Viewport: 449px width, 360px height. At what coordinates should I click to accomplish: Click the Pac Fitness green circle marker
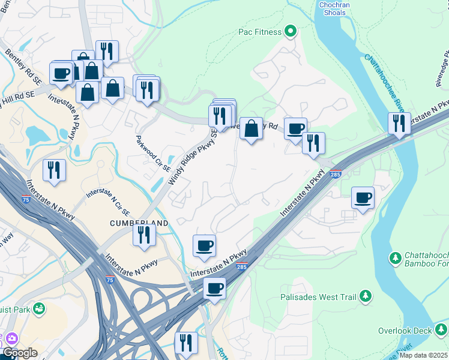pyautogui.click(x=291, y=31)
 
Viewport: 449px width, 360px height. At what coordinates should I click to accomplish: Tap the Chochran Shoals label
pyautogui.click(x=334, y=9)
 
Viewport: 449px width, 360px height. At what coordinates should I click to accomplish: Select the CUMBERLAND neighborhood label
pyautogui.click(x=139, y=223)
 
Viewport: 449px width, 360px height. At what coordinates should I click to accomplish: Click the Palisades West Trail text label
pyautogui.click(x=318, y=297)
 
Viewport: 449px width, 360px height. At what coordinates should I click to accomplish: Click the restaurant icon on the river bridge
pyautogui.click(x=399, y=122)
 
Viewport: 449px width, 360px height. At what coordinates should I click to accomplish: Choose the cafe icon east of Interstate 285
pyautogui.click(x=363, y=197)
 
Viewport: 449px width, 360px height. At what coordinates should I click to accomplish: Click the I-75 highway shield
pyautogui.click(x=109, y=279)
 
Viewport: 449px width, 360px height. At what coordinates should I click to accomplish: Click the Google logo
pyautogui.click(x=19, y=353)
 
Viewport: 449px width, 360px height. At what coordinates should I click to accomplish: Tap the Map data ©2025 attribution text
pyautogui.click(x=423, y=355)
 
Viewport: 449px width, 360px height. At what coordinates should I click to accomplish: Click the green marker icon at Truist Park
pyautogui.click(x=40, y=309)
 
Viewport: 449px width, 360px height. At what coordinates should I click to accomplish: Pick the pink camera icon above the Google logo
pyautogui.click(x=11, y=338)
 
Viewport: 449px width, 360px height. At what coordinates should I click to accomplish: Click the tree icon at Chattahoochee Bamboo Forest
pyautogui.click(x=396, y=258)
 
